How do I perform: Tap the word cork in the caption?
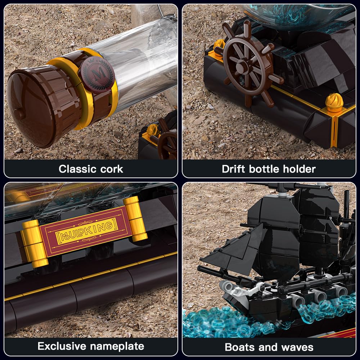(x=112, y=169)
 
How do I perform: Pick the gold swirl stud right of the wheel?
(x=334, y=103)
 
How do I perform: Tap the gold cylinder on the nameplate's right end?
(x=135, y=219)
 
